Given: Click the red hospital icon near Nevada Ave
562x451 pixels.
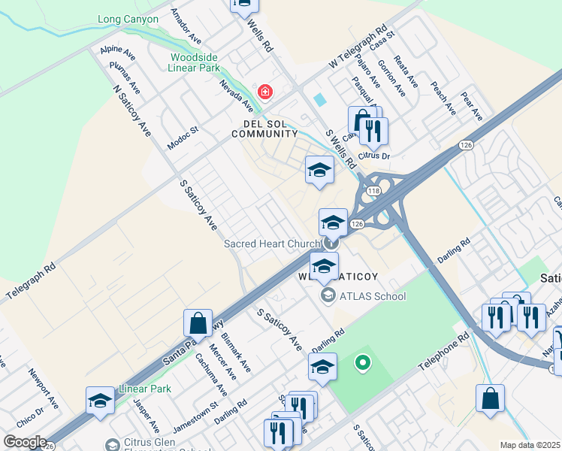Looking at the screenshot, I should tap(264, 92).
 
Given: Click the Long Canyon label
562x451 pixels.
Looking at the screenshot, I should tap(128, 19).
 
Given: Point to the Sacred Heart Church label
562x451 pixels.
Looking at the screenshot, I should tap(272, 244).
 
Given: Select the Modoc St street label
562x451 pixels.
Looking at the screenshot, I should tap(183, 138).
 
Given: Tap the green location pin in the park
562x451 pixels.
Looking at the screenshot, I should tap(363, 365).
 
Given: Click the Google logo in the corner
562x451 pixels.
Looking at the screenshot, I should tap(24, 442).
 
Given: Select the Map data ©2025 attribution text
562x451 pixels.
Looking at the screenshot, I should tap(530, 445).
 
